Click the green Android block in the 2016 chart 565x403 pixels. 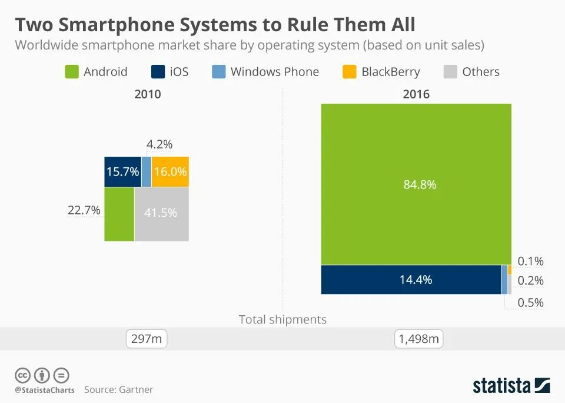(416, 184)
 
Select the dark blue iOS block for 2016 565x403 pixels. (411, 280)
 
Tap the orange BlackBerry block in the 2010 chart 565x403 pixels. (170, 171)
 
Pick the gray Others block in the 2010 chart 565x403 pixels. (161, 214)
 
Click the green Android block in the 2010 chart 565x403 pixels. (119, 214)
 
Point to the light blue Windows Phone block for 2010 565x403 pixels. (146, 171)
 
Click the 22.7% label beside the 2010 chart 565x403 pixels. (84, 210)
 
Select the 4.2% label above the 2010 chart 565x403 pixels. (159, 144)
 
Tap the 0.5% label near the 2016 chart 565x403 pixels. (530, 303)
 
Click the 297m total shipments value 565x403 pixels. (147, 339)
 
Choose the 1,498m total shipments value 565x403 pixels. (418, 339)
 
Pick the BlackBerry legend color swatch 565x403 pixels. (349, 72)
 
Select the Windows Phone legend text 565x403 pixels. (274, 72)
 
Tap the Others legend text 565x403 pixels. (480, 72)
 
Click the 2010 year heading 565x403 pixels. (147, 94)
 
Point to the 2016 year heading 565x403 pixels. (416, 94)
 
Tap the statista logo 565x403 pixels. (511, 386)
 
